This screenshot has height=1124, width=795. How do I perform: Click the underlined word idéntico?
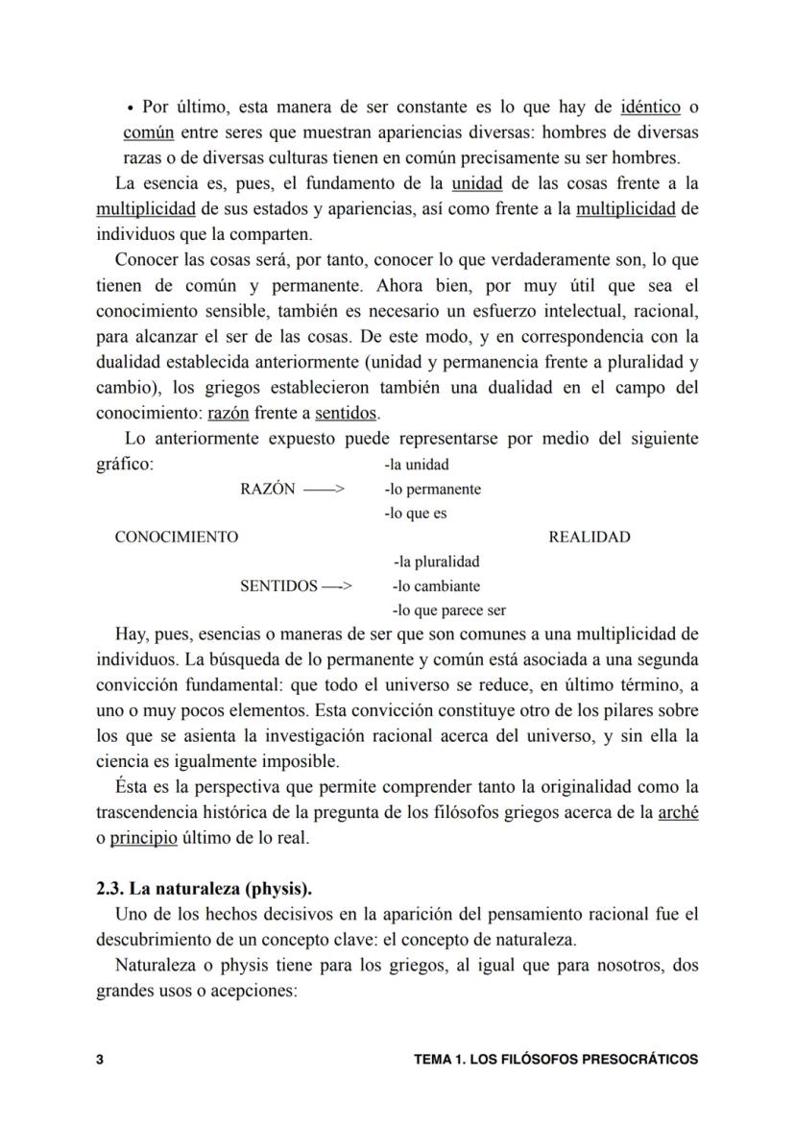tap(651, 107)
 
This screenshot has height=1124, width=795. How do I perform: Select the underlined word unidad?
tap(477, 182)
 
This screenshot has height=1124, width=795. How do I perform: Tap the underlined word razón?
tap(229, 414)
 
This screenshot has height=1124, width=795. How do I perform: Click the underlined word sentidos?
tap(347, 414)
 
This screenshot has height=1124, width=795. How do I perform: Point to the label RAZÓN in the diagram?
tap(267, 489)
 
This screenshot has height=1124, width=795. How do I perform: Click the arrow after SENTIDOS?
tap(338, 586)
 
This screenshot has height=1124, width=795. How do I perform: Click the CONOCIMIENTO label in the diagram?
tap(177, 537)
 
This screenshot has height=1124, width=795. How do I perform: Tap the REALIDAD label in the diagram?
tap(590, 537)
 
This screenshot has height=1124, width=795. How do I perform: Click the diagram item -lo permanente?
tap(432, 489)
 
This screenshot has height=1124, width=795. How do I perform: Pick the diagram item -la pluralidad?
tap(436, 562)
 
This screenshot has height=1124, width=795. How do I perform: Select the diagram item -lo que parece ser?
tap(448, 610)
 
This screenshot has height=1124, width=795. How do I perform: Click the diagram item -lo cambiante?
tap(436, 586)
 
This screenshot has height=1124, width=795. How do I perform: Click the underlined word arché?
tap(678, 812)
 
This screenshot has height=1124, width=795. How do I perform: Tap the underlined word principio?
tap(144, 837)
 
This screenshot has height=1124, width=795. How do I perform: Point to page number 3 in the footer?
tap(100, 1060)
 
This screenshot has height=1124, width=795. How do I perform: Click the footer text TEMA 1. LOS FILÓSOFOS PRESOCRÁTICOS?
tap(555, 1060)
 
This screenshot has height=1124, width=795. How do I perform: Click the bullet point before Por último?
tap(130, 108)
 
